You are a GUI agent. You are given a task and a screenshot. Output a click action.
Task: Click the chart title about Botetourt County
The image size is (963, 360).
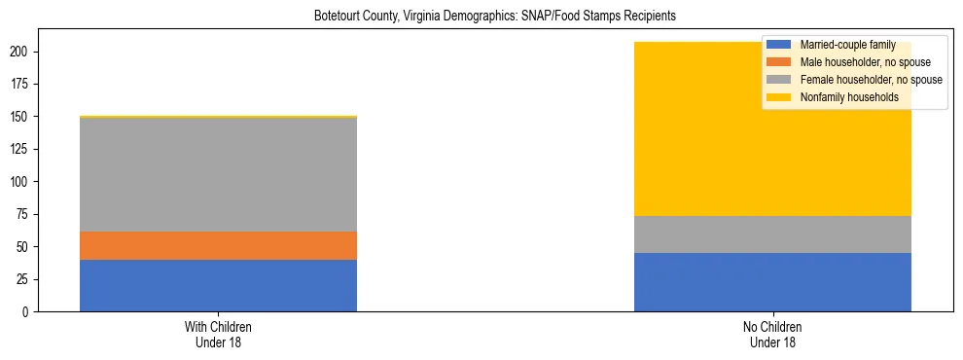[494, 17]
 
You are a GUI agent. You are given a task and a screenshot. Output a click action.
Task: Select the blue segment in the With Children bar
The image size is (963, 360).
[218, 285]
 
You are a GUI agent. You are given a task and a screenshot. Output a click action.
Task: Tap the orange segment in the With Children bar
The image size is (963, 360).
[218, 245]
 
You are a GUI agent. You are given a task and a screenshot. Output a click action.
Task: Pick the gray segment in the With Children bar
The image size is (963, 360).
[218, 174]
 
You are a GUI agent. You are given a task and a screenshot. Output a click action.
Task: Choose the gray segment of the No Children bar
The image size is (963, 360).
[772, 234]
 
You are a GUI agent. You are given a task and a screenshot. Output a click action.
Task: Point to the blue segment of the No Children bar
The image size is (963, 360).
[772, 282]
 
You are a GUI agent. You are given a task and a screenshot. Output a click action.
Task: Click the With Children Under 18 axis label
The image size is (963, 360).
[218, 334]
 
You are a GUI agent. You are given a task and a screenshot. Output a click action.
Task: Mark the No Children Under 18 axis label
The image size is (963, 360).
[772, 334]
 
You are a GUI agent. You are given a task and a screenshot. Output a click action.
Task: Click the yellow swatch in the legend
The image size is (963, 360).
[779, 97]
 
